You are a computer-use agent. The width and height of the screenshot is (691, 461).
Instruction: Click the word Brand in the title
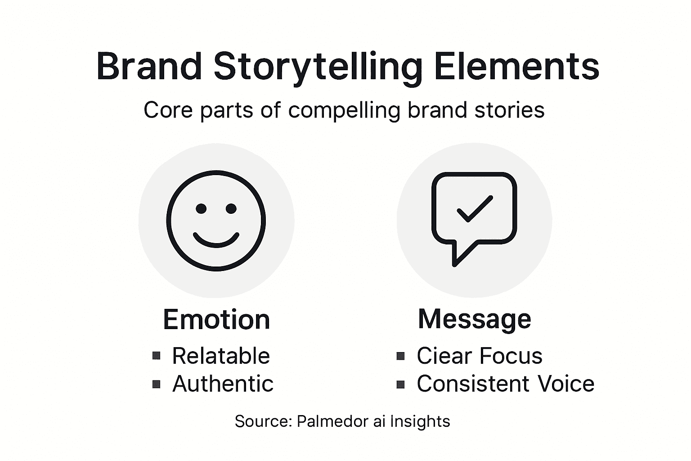(x=149, y=67)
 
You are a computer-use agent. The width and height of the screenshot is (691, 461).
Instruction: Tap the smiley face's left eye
(x=201, y=208)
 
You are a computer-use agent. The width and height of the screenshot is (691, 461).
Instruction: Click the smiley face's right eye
(x=231, y=208)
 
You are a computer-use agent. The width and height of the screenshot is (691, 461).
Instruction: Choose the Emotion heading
(x=216, y=320)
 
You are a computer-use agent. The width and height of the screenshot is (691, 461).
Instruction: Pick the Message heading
(x=475, y=319)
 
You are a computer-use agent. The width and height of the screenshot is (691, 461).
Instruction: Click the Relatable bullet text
(x=221, y=356)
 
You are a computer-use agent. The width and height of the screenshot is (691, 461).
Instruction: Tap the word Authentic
(x=223, y=384)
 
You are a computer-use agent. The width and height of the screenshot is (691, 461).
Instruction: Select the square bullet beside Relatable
(x=157, y=356)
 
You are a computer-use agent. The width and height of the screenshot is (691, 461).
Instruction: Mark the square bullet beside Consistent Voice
(x=401, y=384)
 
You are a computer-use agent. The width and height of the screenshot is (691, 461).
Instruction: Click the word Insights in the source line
(x=420, y=421)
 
